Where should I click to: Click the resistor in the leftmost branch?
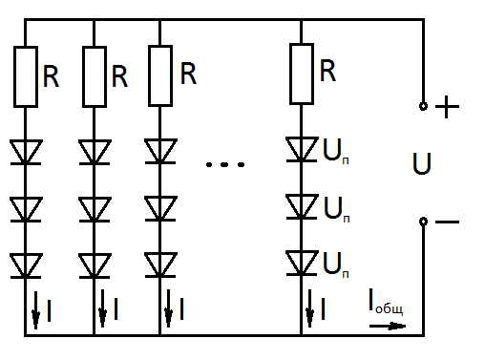click(x=26, y=76)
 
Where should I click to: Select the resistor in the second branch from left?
click(x=95, y=76)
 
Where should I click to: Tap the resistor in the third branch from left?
click(x=160, y=75)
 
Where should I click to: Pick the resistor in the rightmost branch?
click(x=302, y=74)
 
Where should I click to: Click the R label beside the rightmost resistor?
click(x=327, y=71)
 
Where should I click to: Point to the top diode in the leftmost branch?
click(x=26, y=152)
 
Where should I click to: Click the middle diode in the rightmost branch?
click(x=302, y=207)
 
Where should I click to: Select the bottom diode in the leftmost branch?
click(x=26, y=266)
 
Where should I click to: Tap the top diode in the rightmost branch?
click(x=302, y=150)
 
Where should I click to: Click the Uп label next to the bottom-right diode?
click(x=336, y=265)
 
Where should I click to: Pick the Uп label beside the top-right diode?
click(x=336, y=151)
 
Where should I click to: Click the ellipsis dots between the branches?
click(x=225, y=164)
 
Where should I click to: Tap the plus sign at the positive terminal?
click(x=447, y=107)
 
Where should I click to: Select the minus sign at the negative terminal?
click(x=447, y=222)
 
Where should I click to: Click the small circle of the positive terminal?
click(x=423, y=106)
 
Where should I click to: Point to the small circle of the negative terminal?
click(x=423, y=222)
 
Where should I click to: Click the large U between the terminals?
click(x=422, y=163)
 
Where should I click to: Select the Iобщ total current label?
click(x=386, y=302)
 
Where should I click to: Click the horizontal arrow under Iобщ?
click(x=388, y=326)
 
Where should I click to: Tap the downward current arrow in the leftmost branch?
click(x=35, y=309)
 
